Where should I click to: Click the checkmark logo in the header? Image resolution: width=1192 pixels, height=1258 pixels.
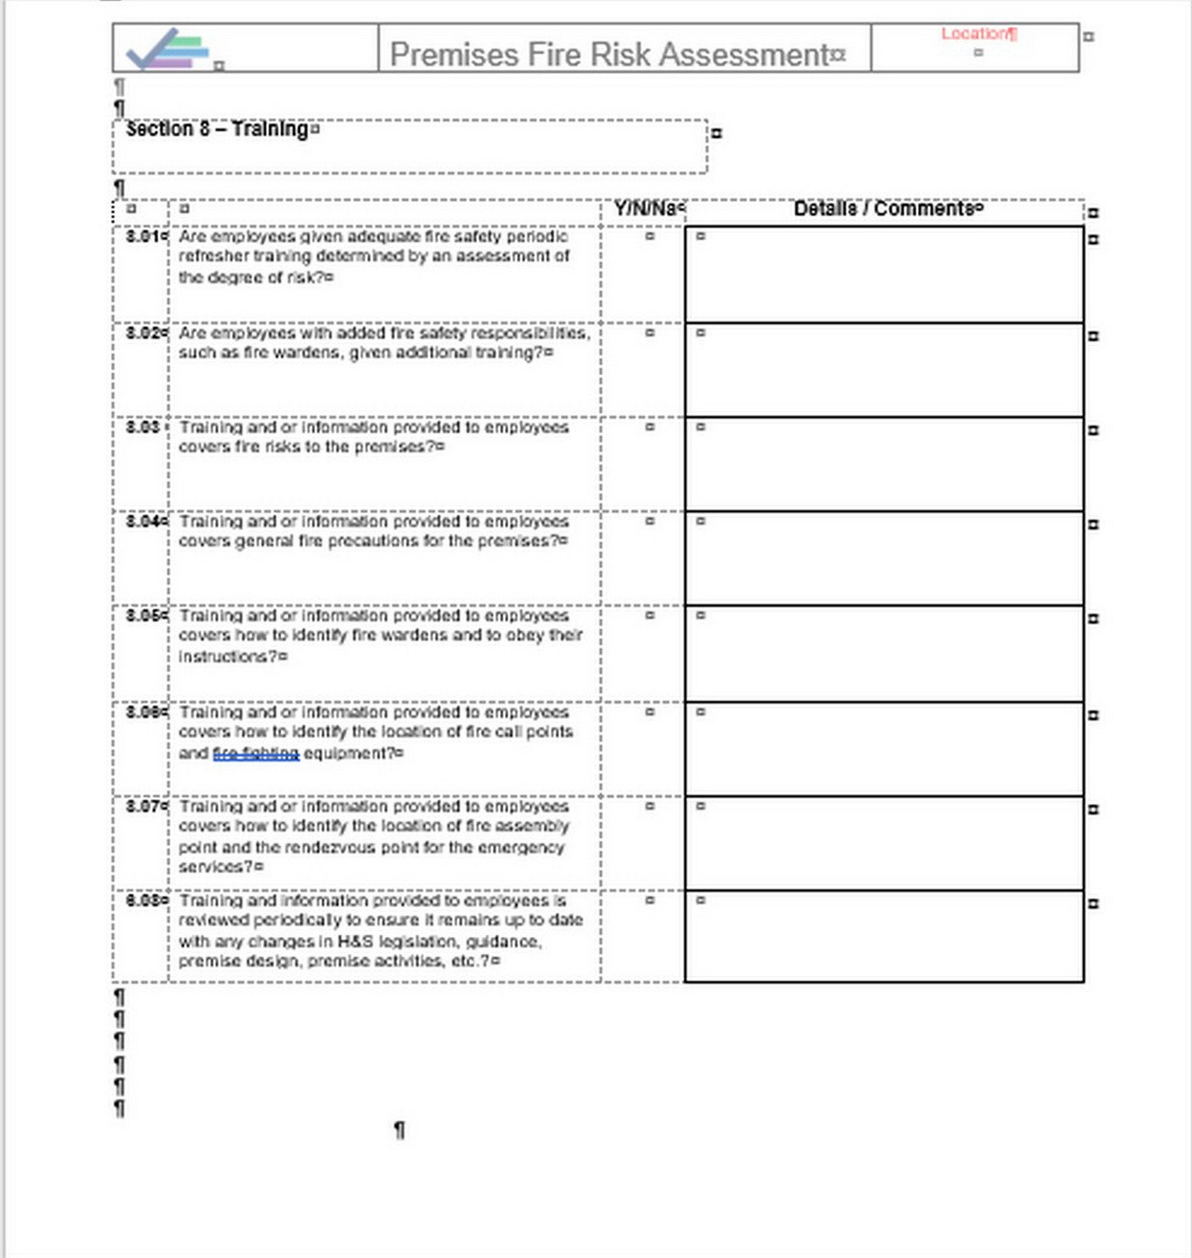point(167,49)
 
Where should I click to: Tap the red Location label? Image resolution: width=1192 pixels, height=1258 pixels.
point(978,35)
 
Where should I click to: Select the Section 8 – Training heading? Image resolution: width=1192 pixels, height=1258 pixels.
point(217,129)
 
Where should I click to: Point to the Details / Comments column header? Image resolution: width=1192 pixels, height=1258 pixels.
point(883,209)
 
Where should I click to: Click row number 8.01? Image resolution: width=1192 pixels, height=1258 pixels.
point(142,237)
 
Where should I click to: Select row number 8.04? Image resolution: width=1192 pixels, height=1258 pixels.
point(142,521)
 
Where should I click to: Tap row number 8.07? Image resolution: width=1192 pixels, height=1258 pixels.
point(142,806)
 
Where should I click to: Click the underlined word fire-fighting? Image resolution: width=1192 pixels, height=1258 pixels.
point(256,753)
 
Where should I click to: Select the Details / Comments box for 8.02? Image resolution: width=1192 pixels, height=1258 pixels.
point(884,371)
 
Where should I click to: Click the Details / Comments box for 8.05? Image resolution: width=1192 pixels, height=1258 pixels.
point(884,654)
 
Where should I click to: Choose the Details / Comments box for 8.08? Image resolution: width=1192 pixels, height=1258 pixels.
point(884,937)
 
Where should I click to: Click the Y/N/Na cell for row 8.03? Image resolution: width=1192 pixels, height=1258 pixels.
point(643,464)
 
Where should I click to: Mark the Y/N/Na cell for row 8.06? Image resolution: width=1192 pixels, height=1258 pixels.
point(643,748)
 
